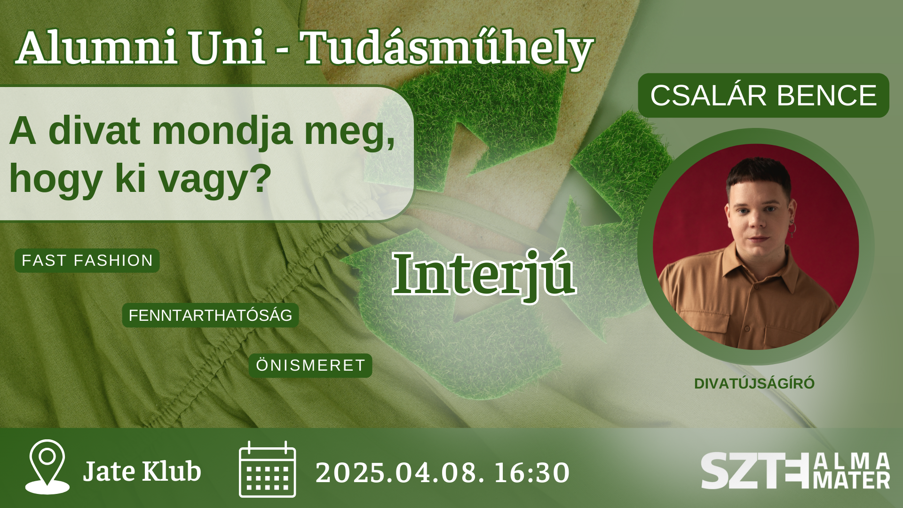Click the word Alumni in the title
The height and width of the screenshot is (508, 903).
click(96, 48)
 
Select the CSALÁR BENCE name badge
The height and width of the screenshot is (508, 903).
click(763, 95)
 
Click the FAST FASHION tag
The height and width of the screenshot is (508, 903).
click(87, 260)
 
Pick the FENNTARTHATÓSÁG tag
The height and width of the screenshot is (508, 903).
click(210, 315)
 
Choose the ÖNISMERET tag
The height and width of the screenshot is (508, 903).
click(310, 365)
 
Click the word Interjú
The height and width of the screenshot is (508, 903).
click(484, 275)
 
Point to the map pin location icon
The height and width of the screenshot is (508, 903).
click(47, 467)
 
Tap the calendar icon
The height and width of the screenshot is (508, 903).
click(267, 469)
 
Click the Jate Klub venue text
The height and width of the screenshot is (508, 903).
click(142, 471)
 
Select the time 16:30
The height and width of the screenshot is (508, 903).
click(531, 473)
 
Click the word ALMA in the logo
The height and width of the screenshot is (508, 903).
click(852, 461)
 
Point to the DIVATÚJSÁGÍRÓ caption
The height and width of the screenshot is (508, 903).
click(754, 384)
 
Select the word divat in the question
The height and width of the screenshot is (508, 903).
click(94, 131)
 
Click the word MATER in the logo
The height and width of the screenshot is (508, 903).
click(852, 481)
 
